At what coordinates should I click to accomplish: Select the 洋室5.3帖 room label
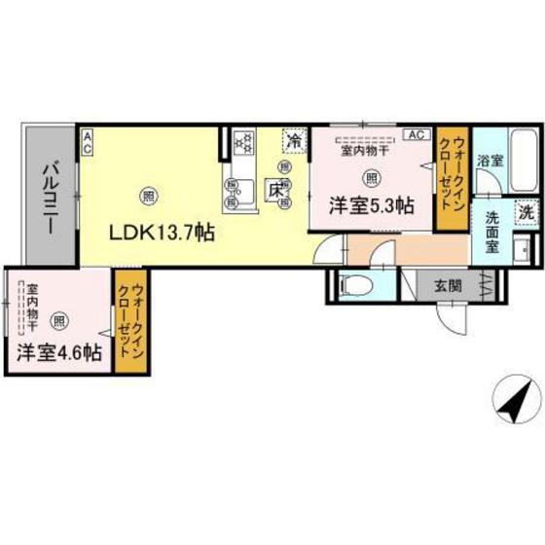click(x=372, y=205)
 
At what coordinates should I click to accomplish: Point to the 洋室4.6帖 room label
click(x=58, y=352)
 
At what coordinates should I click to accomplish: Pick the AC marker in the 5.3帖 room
click(x=414, y=134)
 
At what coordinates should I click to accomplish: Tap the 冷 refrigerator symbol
click(x=293, y=141)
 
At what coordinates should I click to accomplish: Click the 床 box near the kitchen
click(x=276, y=191)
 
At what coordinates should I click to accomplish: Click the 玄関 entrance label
click(x=448, y=285)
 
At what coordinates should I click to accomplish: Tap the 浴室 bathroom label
click(x=490, y=161)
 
